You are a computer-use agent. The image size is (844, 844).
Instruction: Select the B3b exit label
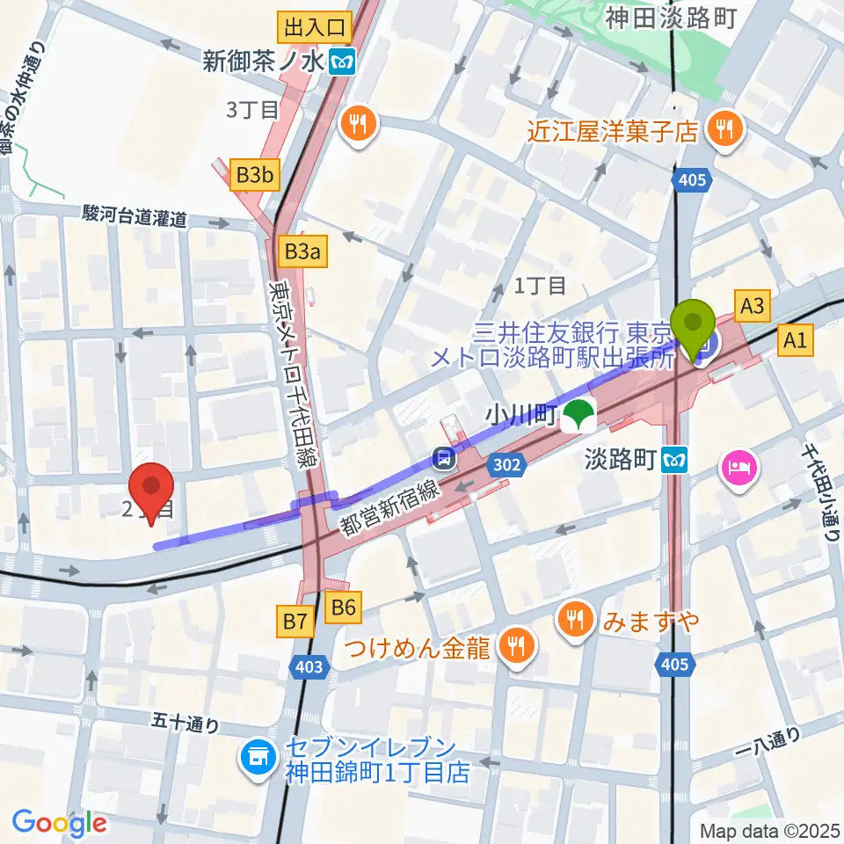coord(255,176)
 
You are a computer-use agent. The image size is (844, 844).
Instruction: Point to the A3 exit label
coord(754,306)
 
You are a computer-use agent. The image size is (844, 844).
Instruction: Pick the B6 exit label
coord(343,605)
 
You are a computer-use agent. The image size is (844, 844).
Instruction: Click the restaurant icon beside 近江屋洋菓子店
coord(726,132)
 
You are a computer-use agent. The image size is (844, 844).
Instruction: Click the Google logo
coord(59,822)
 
